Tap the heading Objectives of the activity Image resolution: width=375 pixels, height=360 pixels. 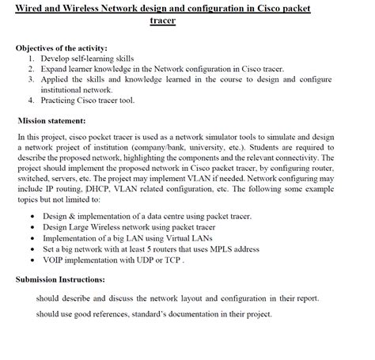click(x=61, y=47)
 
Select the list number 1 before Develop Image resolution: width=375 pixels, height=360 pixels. click(x=31, y=59)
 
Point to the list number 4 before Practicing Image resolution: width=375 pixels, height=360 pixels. click(x=31, y=100)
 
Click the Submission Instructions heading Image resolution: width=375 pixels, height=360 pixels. click(x=59, y=279)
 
